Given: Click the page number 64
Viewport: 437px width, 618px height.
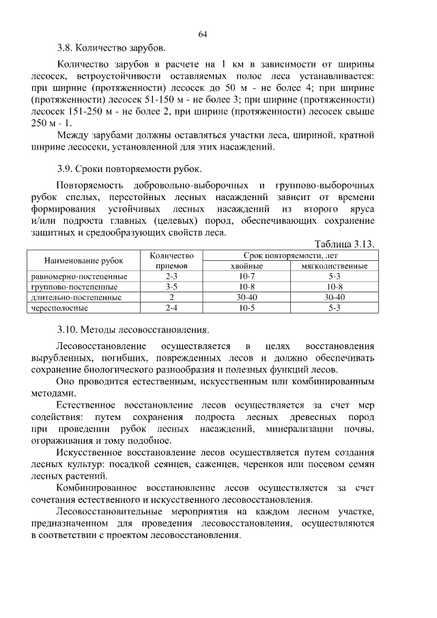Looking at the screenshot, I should (203, 34).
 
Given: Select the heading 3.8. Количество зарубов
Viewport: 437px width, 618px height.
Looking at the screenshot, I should (111, 48).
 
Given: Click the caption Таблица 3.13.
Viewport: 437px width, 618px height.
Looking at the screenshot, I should (345, 243).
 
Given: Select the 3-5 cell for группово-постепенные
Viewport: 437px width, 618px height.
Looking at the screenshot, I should (172, 287).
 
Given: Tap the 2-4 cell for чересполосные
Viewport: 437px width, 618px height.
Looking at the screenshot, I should (172, 308).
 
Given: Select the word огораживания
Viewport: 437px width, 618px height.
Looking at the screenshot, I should (63, 440).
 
